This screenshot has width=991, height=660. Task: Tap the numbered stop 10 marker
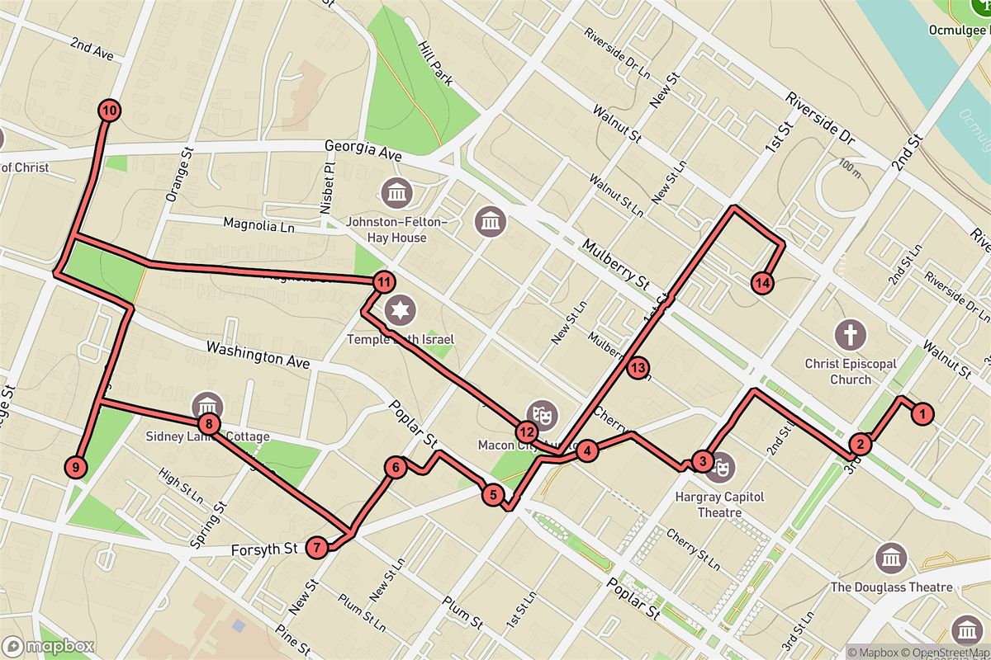[x=108, y=110]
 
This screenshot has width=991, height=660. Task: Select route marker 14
[x=763, y=283]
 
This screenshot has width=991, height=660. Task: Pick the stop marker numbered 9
[x=75, y=468]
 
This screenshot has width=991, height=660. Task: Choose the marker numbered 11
[x=382, y=282]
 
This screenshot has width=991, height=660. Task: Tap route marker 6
[x=396, y=468]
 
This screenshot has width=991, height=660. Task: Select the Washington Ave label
[x=258, y=356]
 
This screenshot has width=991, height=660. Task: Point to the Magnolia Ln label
[x=258, y=225]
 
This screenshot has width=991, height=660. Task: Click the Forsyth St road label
[x=263, y=549]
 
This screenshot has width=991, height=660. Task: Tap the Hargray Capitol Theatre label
[x=709, y=504]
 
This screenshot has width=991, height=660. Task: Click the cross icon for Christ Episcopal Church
[x=850, y=335]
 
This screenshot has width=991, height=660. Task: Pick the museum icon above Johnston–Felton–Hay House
[x=397, y=194]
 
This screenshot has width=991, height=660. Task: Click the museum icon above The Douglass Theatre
[x=892, y=559]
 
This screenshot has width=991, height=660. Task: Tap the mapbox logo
[x=48, y=646]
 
